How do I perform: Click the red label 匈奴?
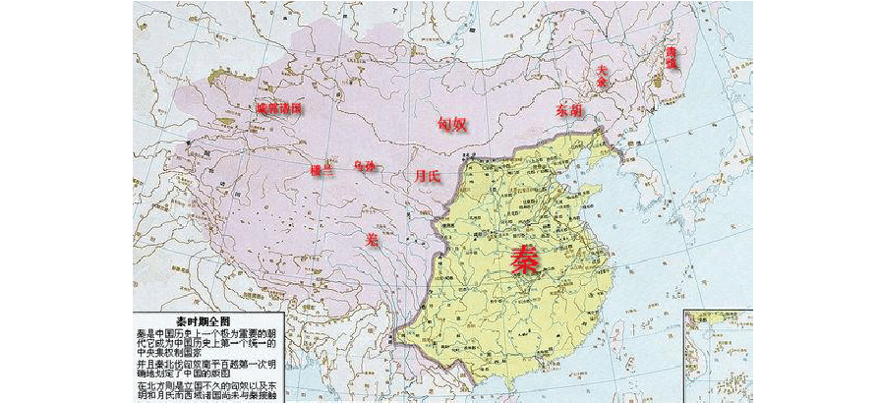451,124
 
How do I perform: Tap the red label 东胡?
569,111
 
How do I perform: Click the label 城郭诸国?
277,108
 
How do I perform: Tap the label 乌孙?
365,168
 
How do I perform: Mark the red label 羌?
371,238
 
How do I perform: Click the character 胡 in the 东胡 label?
577,111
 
